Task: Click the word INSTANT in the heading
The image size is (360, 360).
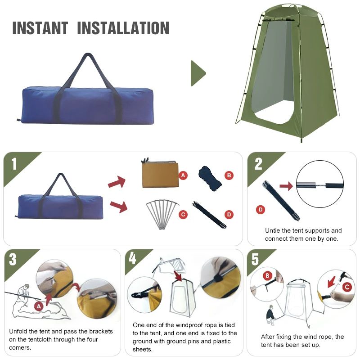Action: pyautogui.click(x=40, y=28)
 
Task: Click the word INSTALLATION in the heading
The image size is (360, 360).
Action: pyautogui.click(x=123, y=28)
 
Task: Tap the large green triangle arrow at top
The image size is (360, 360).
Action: pyautogui.click(x=198, y=73)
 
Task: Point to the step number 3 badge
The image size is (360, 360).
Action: pyautogui.click(x=13, y=260)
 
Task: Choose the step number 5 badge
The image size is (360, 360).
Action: pyautogui.click(x=255, y=260)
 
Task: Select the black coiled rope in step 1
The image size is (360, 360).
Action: pyautogui.click(x=210, y=177)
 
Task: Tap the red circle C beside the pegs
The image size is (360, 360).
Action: pyautogui.click(x=183, y=215)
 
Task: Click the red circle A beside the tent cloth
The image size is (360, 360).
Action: pyautogui.click(x=183, y=175)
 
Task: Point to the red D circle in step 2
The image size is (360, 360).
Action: pyautogui.click(x=260, y=209)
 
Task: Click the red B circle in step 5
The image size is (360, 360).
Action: pyautogui.click(x=266, y=275)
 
